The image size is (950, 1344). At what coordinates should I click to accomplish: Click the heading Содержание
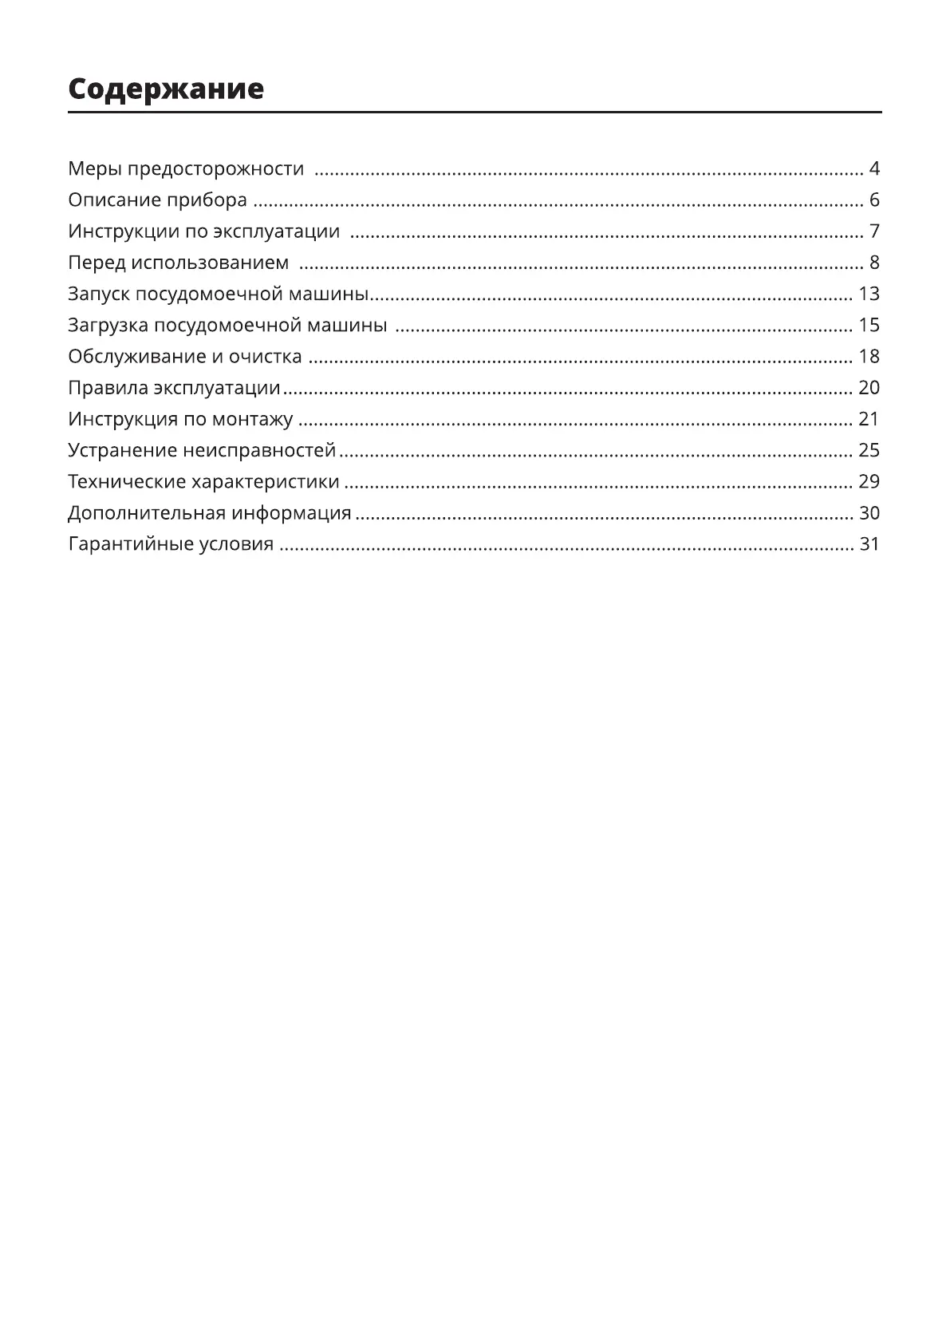(x=166, y=89)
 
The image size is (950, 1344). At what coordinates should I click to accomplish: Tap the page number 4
(x=874, y=169)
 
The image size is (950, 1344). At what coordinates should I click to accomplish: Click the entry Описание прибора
(x=157, y=200)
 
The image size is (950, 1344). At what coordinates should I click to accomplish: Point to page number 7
(x=874, y=231)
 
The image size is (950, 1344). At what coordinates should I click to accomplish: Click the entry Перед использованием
(x=178, y=263)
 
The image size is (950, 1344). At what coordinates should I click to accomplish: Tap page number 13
(x=869, y=294)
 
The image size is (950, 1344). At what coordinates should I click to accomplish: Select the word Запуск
(x=98, y=294)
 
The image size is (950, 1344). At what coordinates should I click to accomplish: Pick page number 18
(x=869, y=357)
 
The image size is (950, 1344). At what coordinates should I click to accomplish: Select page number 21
(x=869, y=419)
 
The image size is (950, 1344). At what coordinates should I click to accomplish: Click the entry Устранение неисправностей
(x=202, y=450)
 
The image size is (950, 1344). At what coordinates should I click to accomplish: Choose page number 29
(x=869, y=482)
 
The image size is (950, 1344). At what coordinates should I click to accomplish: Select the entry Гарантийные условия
(x=171, y=544)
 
